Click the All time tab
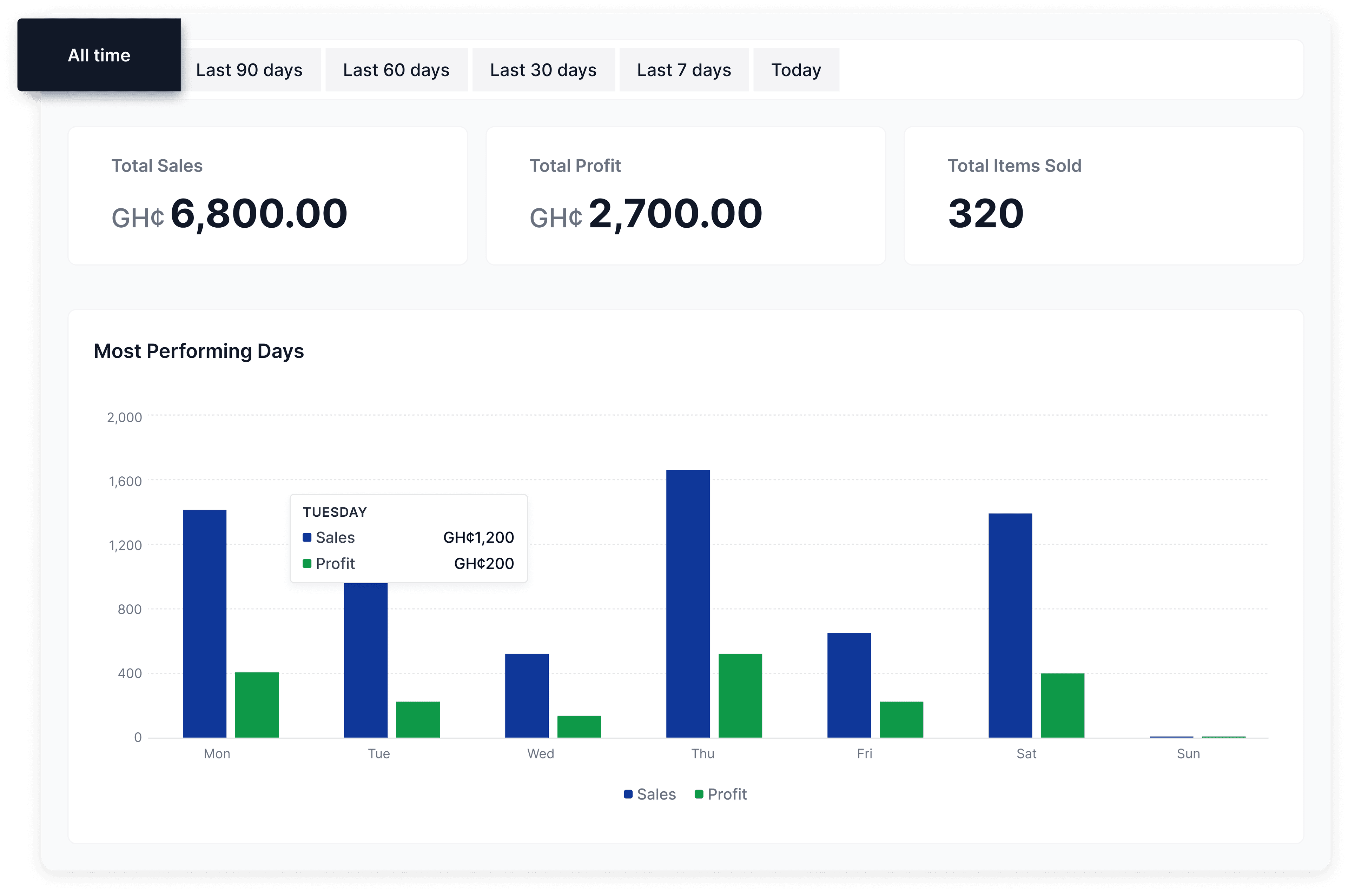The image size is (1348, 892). click(99, 55)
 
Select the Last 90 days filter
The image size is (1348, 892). click(249, 70)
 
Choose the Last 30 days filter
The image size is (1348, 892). click(543, 70)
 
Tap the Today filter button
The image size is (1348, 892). click(796, 70)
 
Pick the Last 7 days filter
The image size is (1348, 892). click(684, 70)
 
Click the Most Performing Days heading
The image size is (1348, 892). click(199, 351)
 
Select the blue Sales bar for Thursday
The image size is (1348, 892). click(688, 603)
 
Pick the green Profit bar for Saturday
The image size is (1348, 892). click(1062, 705)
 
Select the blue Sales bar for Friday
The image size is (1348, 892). click(849, 685)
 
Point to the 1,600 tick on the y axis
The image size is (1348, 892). click(125, 481)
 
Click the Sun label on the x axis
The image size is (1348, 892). click(1188, 754)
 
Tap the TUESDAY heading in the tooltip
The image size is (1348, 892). click(335, 512)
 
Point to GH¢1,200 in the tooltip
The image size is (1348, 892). click(478, 538)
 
